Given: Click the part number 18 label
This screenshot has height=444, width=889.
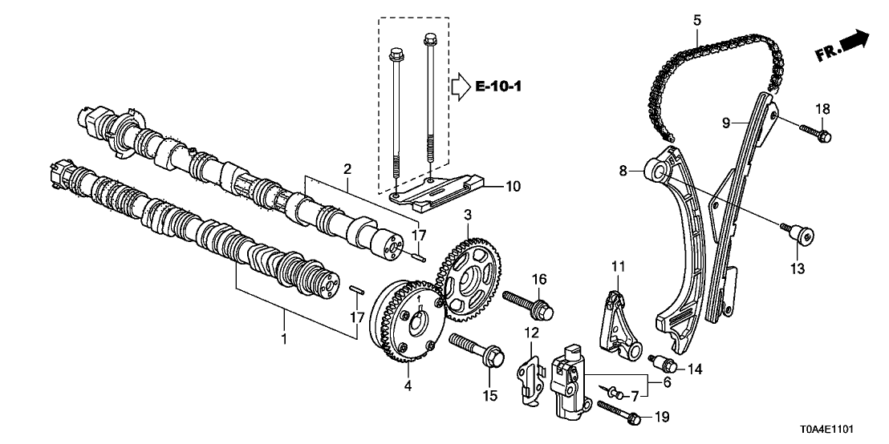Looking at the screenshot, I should click(x=823, y=109).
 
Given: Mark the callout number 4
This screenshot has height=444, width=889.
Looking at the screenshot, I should click(x=408, y=386).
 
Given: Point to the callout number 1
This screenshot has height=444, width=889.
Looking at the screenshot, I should click(x=283, y=340).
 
